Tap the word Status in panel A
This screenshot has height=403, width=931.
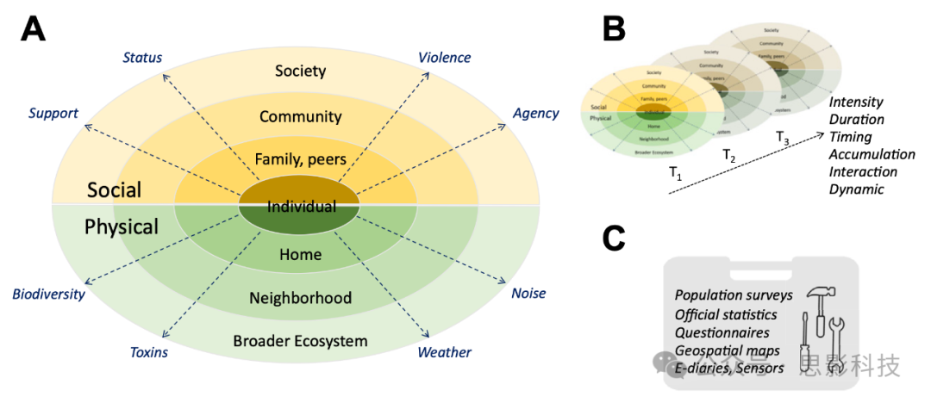pos(142,58)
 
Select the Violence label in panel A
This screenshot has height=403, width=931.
pos(445,58)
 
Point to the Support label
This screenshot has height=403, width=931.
pos(53,113)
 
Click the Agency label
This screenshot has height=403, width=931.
pos(536,113)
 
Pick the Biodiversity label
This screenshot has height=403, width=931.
pos(48,294)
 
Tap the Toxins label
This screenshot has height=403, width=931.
pos(148,352)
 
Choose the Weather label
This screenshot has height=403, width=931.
pos(445,352)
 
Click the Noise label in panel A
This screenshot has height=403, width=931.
pos(528,294)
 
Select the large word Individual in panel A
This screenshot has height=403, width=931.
pos(301,207)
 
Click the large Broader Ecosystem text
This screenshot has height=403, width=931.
pos(300,341)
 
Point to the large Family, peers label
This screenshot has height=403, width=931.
pos(300,158)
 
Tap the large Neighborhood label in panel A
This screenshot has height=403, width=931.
pos(300,298)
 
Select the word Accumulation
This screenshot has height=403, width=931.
pos(872,154)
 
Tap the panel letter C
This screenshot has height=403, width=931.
pos(614,239)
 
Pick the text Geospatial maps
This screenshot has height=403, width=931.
pos(728,350)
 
